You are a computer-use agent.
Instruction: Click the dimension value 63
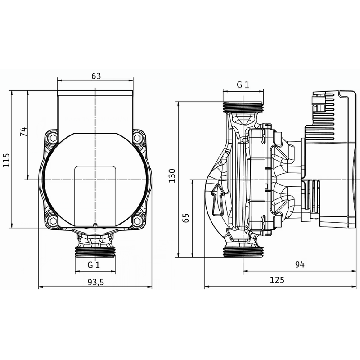(95, 76)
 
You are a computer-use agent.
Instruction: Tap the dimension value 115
(6, 159)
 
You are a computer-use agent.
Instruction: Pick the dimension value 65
(186, 218)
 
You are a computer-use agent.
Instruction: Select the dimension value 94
(300, 265)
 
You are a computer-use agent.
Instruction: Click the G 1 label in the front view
(94, 265)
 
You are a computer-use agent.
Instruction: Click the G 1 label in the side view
(243, 85)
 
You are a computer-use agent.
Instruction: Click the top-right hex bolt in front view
(137, 138)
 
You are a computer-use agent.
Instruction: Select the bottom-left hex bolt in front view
(53, 221)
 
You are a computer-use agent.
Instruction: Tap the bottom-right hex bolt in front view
(137, 221)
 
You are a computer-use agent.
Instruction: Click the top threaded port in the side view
(243, 107)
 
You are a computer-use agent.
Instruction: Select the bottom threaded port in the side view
(243, 252)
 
